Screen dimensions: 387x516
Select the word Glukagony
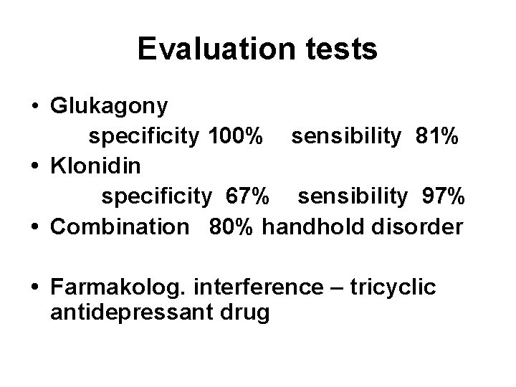coord(110,107)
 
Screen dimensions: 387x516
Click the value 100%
coord(233,136)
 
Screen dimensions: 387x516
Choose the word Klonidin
coord(97,166)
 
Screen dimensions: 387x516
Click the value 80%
coord(233,226)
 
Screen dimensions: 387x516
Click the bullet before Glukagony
coord(35,107)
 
